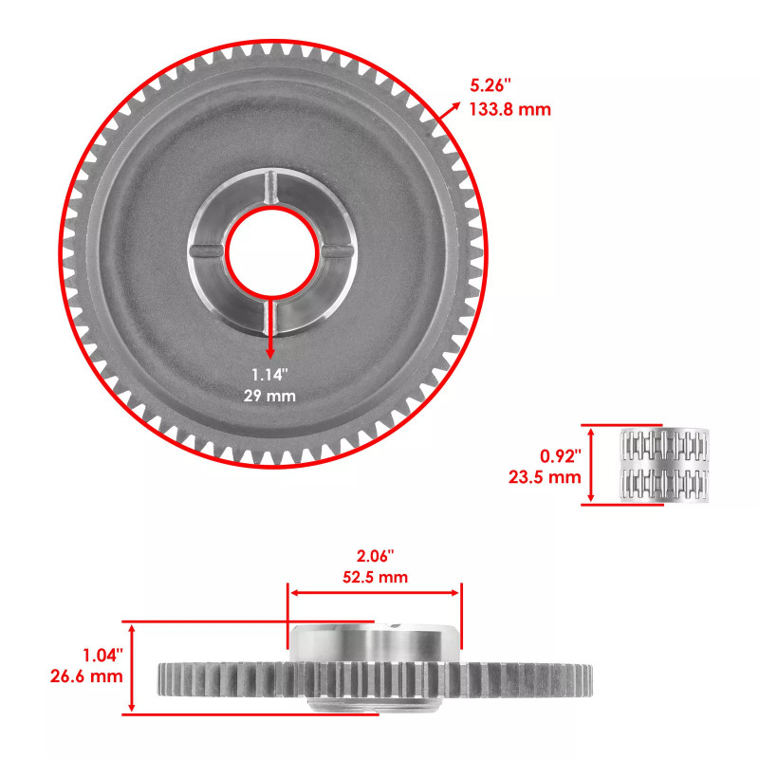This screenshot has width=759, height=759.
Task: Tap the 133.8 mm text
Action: pos(509,110)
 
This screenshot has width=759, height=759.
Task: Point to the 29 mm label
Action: pos(271,396)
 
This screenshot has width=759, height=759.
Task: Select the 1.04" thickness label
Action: pos(101,655)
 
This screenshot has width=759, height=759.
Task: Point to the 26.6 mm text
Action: pos(85,676)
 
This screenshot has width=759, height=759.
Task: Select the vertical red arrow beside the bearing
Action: pos(592,464)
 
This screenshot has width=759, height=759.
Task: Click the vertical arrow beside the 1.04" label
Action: pos(133,668)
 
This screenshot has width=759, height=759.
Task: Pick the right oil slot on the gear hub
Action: pos(336,250)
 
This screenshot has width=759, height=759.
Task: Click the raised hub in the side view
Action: pos(375,645)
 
